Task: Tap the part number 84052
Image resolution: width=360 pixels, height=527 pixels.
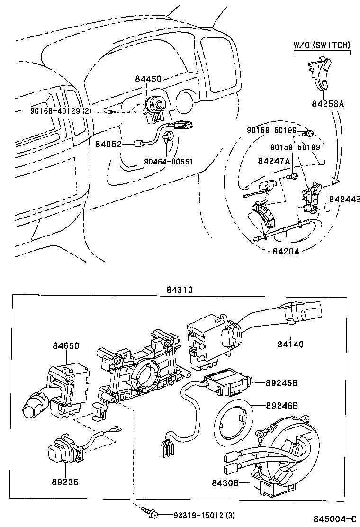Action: tap(108, 144)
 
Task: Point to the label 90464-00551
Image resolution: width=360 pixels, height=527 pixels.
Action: tap(169, 161)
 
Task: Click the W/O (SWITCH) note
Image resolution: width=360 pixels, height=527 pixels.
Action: tap(322, 45)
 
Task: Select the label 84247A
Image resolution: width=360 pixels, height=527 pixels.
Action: tap(274, 162)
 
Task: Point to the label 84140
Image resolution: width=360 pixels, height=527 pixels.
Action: tap(290, 345)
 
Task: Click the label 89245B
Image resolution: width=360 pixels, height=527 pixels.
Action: tap(281, 383)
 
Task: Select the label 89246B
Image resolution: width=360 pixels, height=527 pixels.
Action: tap(281, 406)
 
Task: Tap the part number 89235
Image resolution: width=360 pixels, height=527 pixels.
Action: tap(64, 482)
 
